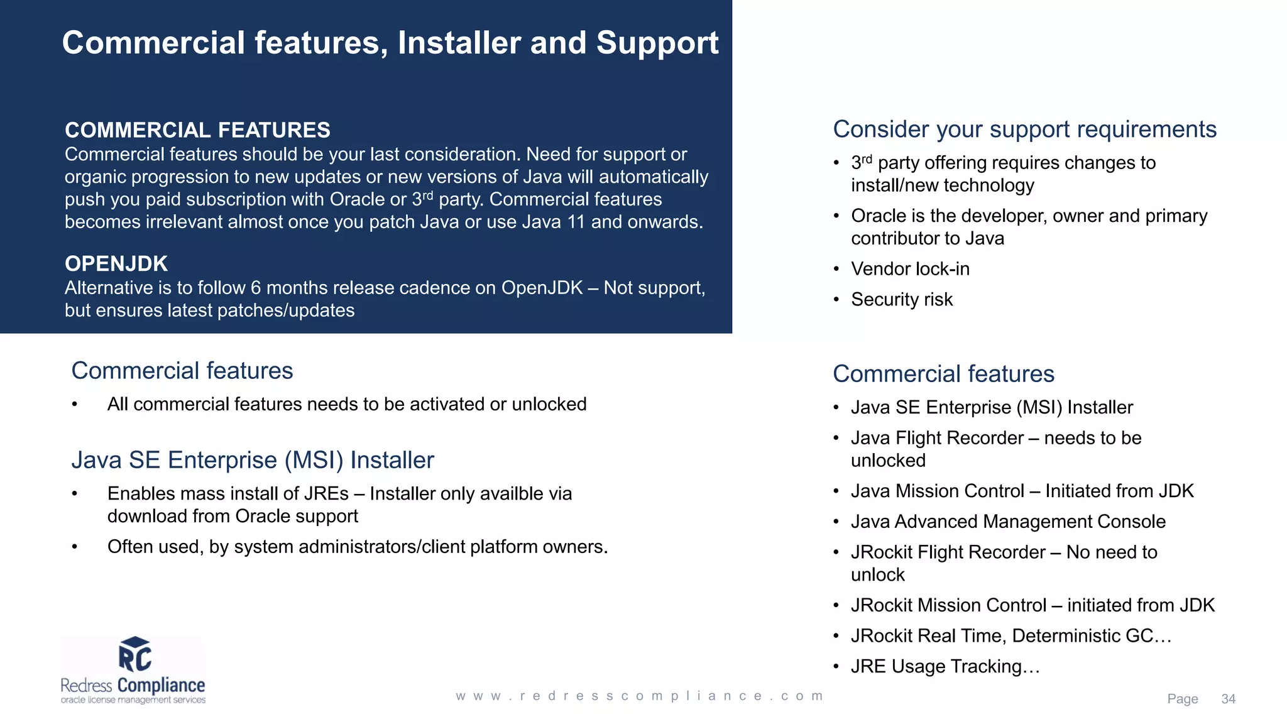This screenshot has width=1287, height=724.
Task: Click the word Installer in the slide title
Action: pos(459,43)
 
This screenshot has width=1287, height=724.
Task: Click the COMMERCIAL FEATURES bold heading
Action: pos(197,130)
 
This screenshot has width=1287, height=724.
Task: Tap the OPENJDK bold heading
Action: pos(116,264)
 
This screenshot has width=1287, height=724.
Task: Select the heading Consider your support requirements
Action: pos(1024,129)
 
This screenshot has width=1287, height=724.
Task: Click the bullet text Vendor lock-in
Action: pos(910,269)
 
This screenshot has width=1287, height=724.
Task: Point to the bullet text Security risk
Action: pos(902,300)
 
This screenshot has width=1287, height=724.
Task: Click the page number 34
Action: pos(1228,699)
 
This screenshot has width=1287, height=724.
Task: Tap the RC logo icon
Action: pos(135,655)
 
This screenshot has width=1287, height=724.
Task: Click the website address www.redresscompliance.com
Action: pos(639,696)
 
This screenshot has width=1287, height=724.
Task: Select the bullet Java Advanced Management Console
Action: pos(1008,522)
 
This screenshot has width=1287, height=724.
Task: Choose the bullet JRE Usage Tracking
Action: pos(945,666)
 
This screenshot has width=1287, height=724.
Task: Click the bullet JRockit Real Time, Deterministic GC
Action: pos(1010,636)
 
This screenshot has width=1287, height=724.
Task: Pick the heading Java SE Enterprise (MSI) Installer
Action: pos(253,460)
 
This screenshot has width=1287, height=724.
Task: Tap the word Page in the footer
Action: pos(1182,699)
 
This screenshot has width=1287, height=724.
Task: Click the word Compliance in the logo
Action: pos(162,685)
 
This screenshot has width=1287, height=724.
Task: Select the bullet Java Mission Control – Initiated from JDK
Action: pos(1022,491)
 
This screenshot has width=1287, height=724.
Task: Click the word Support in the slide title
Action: pos(657,43)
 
